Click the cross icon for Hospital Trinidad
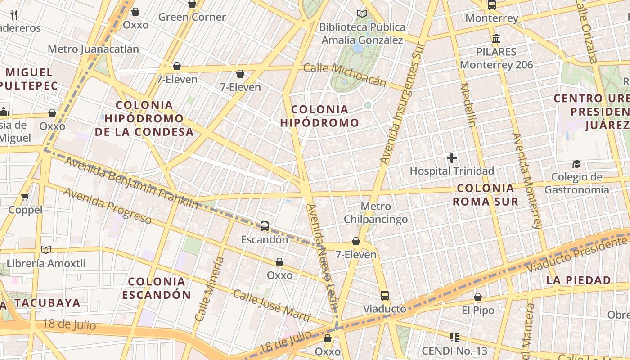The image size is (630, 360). (452, 158)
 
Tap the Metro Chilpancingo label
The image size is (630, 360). (376, 213)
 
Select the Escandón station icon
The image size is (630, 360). (265, 226)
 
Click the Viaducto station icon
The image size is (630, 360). (384, 296)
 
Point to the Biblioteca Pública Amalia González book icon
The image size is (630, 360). (362, 13)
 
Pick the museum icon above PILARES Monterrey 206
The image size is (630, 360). (496, 38)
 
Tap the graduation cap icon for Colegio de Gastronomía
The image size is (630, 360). (576, 164)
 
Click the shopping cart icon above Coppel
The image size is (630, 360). (25, 197)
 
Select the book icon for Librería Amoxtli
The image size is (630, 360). (45, 250)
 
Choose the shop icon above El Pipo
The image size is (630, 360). (478, 297)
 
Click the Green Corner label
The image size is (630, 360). (192, 17)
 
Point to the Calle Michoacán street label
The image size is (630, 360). (345, 75)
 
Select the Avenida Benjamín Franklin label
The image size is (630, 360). (131, 182)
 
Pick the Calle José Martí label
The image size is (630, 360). (271, 306)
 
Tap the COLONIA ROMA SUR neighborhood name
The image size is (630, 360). (485, 195)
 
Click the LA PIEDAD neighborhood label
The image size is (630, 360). (579, 280)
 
